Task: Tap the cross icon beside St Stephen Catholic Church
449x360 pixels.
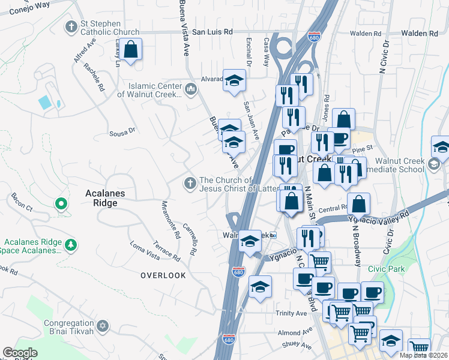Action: pyautogui.click(x=71, y=26)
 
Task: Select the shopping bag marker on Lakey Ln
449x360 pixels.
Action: pyautogui.click(x=131, y=49)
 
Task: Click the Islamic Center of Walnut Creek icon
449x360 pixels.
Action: pyautogui.click(x=191, y=89)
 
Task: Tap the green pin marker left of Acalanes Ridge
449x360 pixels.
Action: pyautogui.click(x=60, y=205)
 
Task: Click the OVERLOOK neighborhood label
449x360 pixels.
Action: pyautogui.click(x=163, y=275)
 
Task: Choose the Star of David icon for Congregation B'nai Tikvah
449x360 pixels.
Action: pyautogui.click(x=103, y=326)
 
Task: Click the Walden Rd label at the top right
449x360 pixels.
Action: pyautogui.click(x=420, y=34)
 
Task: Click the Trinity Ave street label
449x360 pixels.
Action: pyautogui.click(x=292, y=313)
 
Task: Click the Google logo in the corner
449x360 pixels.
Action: pyautogui.click(x=19, y=353)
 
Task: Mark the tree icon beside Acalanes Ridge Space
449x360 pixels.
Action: pyautogui.click(x=71, y=244)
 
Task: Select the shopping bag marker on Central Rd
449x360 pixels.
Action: pyautogui.click(x=358, y=204)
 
